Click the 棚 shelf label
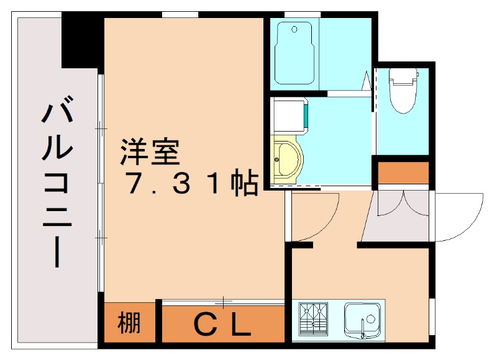129,323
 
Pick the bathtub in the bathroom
295,52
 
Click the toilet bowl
403,90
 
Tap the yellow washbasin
287,160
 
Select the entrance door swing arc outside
460,217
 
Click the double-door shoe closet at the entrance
398,214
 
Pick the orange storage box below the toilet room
403,173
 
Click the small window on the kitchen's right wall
433,317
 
